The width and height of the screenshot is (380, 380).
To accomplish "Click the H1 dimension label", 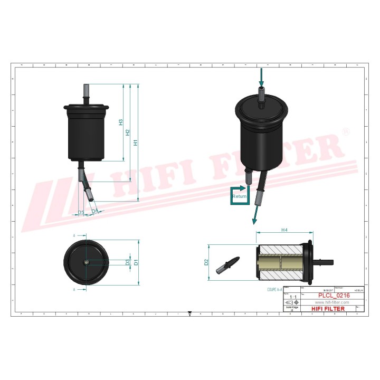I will click(x=136, y=142).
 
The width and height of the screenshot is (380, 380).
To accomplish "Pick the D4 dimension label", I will click(x=94, y=211).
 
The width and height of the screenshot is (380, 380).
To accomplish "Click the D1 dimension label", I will click(x=136, y=262).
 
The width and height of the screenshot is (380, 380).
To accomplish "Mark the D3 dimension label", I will click(x=128, y=262).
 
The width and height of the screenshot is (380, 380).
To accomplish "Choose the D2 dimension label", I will click(x=206, y=262).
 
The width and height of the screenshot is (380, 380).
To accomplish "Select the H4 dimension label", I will click(x=284, y=230).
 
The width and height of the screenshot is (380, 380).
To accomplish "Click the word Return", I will click(x=240, y=196).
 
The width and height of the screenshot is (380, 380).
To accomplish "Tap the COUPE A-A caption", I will click(x=275, y=290).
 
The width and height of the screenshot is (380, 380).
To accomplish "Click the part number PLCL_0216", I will click(x=336, y=296).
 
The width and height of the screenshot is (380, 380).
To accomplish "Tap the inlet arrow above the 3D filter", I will click(x=261, y=79).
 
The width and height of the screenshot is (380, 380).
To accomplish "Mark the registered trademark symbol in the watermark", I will click(x=346, y=131).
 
